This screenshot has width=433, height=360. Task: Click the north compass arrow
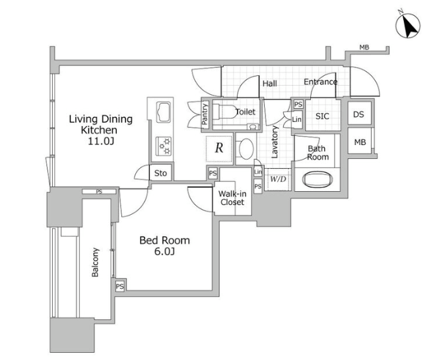click(409, 27)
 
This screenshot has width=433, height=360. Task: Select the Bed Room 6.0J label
click(164, 246)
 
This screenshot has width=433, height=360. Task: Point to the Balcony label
click(95, 262)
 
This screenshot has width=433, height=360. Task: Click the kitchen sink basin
click(164, 111)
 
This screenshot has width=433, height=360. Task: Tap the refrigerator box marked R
click(219, 149)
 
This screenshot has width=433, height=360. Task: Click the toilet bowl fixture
click(224, 111)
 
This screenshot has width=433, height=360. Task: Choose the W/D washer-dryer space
click(278, 179)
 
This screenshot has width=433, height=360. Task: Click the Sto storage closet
click(160, 173)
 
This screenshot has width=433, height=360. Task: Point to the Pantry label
click(205, 114)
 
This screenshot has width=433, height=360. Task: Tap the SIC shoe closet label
click(322, 116)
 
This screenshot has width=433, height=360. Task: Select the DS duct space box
click(359, 113)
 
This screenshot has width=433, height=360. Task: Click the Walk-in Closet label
click(232, 198)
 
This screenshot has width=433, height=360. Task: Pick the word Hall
click(269, 83)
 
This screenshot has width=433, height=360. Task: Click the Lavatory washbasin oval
click(246, 149)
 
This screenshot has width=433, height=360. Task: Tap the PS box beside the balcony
click(119, 286)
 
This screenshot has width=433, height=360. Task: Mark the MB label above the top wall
click(364, 47)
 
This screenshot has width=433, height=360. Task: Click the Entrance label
click(321, 82)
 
